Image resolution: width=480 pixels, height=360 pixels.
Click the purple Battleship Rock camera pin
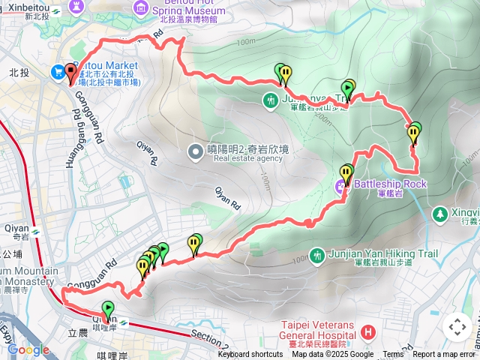(x=343, y=184)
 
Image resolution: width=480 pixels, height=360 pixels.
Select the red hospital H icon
(x=367, y=331)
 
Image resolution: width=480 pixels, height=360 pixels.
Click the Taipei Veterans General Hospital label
(x=316, y=330)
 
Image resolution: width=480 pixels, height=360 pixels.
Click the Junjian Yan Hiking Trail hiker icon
(x=317, y=254)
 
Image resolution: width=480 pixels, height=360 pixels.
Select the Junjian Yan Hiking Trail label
(x=384, y=254)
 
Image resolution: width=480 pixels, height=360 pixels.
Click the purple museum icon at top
(x=141, y=7)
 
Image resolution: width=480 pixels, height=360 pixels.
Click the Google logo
(x=28, y=349)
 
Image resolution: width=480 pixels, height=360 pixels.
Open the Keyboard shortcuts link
(x=250, y=355)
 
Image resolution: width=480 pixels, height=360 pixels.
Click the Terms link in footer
(x=393, y=355)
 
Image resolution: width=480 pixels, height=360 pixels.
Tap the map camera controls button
(x=457, y=327)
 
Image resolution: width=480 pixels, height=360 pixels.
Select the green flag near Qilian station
(x=108, y=309)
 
